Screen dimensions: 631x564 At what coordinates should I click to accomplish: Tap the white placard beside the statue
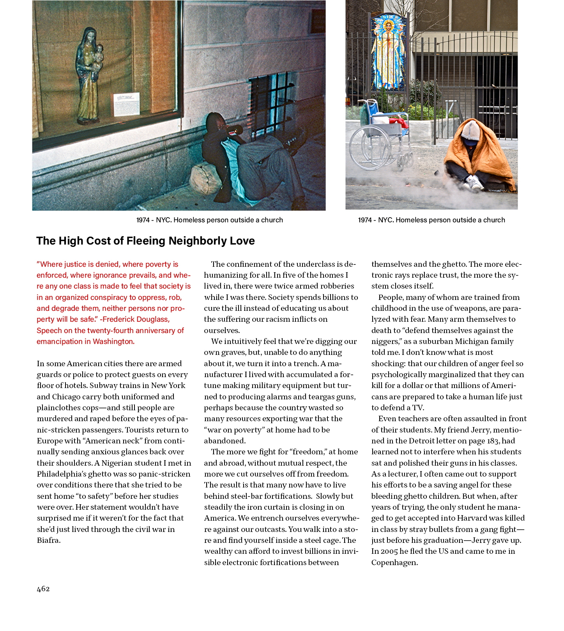(127, 104)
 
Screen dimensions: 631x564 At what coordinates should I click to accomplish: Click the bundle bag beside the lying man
(205, 179)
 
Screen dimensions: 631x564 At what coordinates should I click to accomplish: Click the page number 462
(43, 589)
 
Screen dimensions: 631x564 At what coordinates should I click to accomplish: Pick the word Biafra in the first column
(48, 541)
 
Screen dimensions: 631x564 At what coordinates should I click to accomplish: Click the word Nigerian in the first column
(120, 463)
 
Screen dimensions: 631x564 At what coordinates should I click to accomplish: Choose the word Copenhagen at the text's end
(394, 563)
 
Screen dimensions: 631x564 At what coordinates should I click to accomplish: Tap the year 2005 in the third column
(389, 551)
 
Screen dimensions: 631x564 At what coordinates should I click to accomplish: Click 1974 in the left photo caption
(143, 220)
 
